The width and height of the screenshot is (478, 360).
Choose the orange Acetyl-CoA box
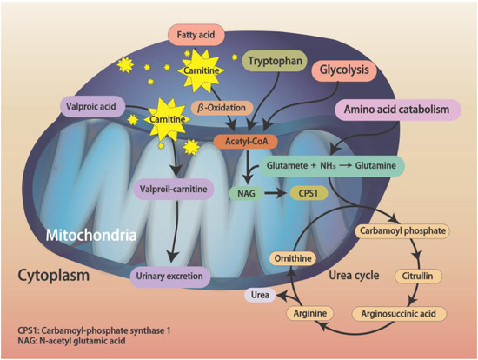point(251,140)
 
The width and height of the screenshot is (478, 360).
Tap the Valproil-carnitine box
point(169,189)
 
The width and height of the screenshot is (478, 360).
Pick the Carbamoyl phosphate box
point(402,230)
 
